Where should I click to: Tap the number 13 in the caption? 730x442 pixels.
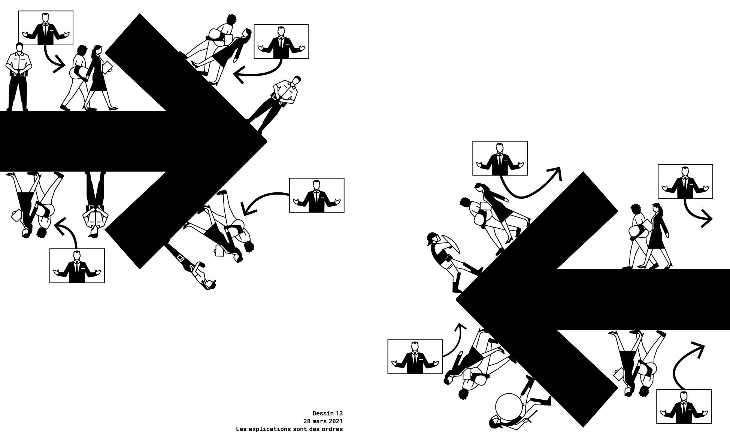[x=339, y=413]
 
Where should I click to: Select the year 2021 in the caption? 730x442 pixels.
[x=336, y=421]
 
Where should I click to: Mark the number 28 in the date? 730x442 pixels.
[x=306, y=421]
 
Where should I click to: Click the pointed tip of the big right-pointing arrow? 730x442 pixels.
[x=266, y=141]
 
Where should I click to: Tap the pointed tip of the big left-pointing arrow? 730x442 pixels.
[x=457, y=299]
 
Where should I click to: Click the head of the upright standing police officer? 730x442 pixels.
[x=19, y=47]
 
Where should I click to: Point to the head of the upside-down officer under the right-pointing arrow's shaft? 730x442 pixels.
[x=94, y=233]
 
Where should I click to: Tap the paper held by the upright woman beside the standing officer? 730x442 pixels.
[x=107, y=67]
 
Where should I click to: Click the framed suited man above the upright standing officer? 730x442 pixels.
[x=46, y=28]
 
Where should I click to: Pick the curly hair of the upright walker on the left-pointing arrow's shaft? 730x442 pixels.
[x=635, y=208]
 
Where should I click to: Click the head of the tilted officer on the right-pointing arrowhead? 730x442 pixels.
[x=296, y=80]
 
